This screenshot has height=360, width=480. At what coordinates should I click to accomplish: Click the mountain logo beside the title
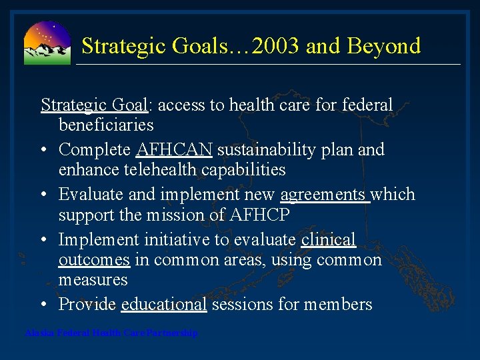[x=47, y=43]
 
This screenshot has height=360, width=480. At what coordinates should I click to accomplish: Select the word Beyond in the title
[x=388, y=46]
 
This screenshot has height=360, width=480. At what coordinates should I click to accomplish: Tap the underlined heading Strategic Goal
[x=94, y=105]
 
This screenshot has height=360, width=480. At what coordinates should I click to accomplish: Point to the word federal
[x=367, y=105]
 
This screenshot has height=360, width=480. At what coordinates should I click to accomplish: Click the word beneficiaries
[x=106, y=125]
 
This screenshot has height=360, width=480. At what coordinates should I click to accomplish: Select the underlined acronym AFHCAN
[x=174, y=149]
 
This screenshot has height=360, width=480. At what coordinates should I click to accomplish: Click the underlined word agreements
[x=323, y=195]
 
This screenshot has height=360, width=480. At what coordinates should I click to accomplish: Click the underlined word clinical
[x=328, y=239]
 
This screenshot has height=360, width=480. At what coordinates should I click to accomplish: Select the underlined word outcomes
[x=94, y=259]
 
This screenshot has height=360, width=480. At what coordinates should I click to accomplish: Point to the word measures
[x=93, y=279]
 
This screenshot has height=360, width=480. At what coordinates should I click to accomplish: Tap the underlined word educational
[x=164, y=305]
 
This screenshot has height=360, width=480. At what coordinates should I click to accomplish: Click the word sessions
[x=242, y=305]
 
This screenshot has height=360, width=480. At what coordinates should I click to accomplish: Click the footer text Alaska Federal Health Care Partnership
[x=111, y=333]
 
